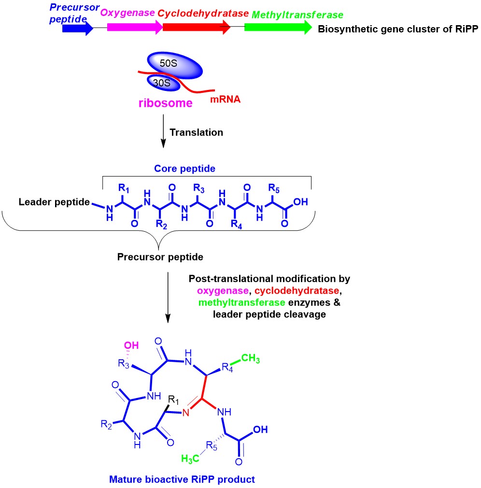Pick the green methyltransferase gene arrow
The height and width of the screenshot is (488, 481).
pyautogui.click(x=278, y=28)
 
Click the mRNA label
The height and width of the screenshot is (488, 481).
pyautogui.click(x=225, y=101)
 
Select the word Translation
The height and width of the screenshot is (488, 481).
pyautogui.click(x=197, y=132)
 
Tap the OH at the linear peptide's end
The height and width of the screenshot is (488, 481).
pyautogui.click(x=300, y=202)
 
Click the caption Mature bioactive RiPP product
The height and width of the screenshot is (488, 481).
pyautogui.click(x=182, y=479)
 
